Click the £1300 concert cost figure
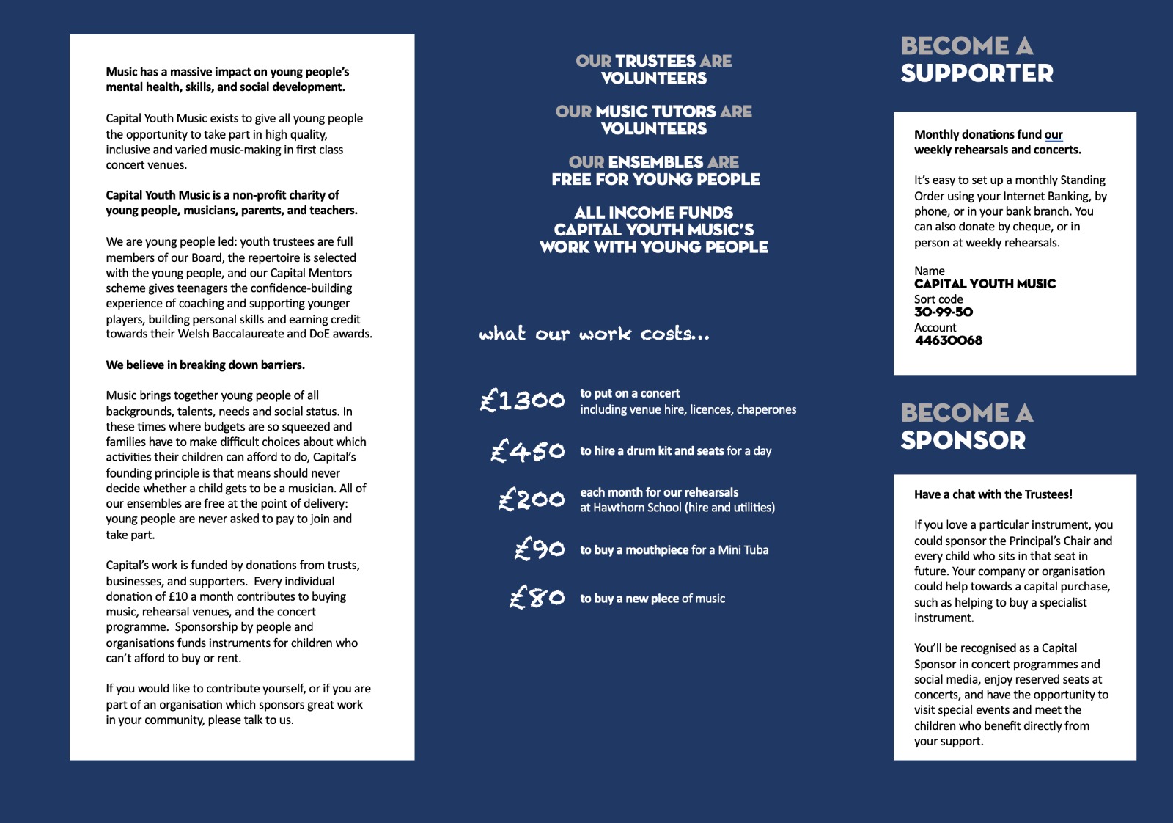pos(523,400)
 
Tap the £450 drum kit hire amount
pos(528,450)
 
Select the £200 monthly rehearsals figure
pos(532,500)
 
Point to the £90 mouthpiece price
pos(540,549)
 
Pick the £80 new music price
pos(537,598)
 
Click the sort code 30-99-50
pos(944,312)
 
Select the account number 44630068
pos(949,340)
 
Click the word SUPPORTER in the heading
pos(977,74)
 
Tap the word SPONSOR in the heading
pos(963,441)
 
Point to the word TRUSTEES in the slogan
pos(655,61)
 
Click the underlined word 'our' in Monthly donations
pos(1054,135)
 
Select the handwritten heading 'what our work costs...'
pos(595,334)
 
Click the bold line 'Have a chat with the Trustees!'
pos(993,494)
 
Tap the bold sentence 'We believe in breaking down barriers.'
pos(205,365)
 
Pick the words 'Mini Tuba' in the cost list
pos(743,550)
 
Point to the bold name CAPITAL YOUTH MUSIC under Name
pos(985,284)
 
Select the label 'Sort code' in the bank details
pos(938,299)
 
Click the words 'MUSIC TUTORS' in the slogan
pos(655,111)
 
